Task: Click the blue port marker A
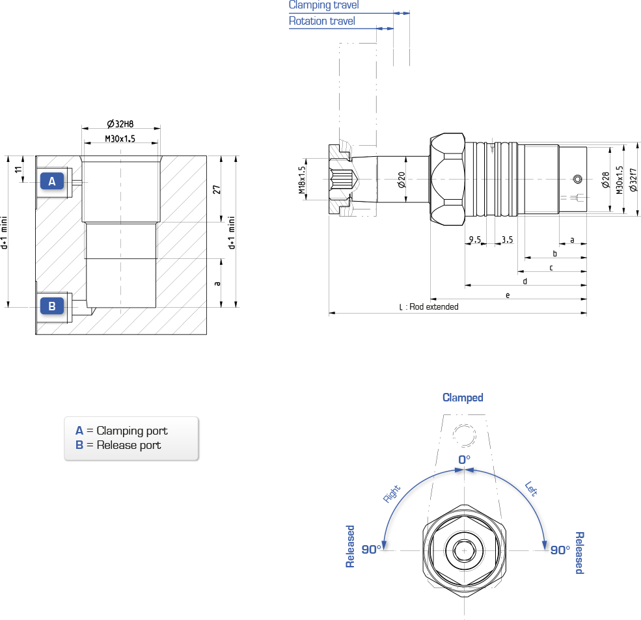52,181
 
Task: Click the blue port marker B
52,306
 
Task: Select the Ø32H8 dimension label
120,124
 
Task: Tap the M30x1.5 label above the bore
120,139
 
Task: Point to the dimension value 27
216,189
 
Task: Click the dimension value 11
18,169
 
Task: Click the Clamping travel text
324,5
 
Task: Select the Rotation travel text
321,21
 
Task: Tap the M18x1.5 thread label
302,180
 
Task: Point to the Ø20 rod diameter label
402,180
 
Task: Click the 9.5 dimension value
474,239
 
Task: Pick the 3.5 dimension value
507,239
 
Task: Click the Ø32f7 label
633,180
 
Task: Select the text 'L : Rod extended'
429,306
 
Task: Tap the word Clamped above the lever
463,398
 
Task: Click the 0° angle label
464,460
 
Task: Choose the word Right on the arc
392,493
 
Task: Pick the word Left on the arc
531,489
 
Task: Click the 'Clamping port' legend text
132,431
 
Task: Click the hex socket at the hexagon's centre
464,550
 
